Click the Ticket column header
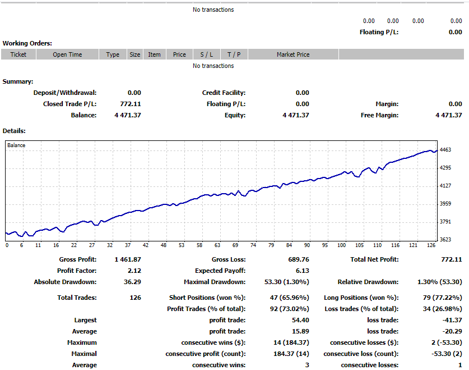(x=18, y=54)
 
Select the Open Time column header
(x=67, y=54)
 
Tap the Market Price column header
(x=292, y=54)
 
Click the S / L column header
(x=206, y=54)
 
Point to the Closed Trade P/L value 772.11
(x=131, y=104)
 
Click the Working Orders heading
(x=27, y=43)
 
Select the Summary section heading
(x=18, y=81)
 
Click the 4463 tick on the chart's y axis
(x=446, y=150)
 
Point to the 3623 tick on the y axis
(x=446, y=240)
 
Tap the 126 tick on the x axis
(x=430, y=245)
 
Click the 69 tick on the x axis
(x=235, y=245)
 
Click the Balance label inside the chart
(x=16, y=145)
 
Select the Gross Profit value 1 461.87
(x=128, y=259)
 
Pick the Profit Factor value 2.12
(x=134, y=271)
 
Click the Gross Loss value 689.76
(x=298, y=259)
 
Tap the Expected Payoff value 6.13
(x=303, y=271)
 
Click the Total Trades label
(x=77, y=298)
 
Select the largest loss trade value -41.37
(x=452, y=320)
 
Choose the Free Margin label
(x=379, y=115)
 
